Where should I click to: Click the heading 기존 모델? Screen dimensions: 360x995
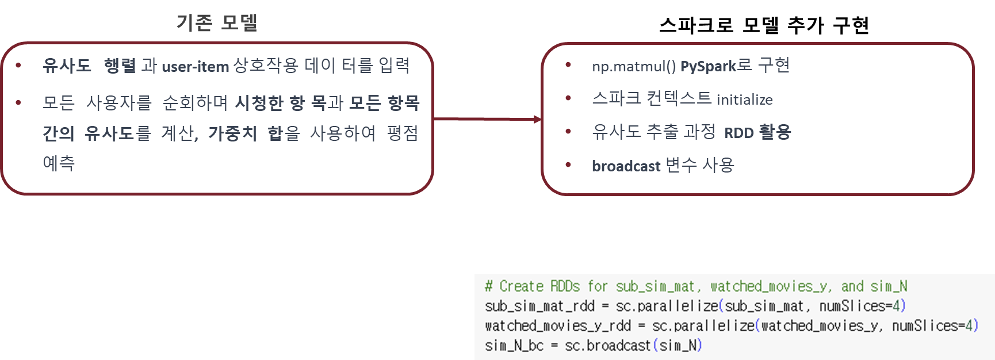[x=217, y=23]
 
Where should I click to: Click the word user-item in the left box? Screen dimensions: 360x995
[x=195, y=67]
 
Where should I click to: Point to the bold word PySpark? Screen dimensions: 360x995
[x=708, y=66]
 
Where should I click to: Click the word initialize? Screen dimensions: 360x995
[x=744, y=99]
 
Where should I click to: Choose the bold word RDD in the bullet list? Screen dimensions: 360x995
[x=738, y=133]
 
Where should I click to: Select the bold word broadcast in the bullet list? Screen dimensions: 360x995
[x=626, y=166]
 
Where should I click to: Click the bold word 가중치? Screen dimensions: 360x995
[x=232, y=133]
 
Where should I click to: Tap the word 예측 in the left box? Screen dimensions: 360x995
[x=59, y=163]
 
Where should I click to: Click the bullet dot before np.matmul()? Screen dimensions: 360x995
[x=568, y=65]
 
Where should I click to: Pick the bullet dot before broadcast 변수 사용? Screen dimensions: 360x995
[x=568, y=165]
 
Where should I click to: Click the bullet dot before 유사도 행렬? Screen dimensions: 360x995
[x=19, y=65]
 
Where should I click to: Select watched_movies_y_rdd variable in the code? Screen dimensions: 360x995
[x=558, y=325]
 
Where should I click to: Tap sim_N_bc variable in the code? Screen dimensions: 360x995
[x=514, y=346]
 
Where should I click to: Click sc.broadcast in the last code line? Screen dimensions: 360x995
[x=607, y=346]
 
